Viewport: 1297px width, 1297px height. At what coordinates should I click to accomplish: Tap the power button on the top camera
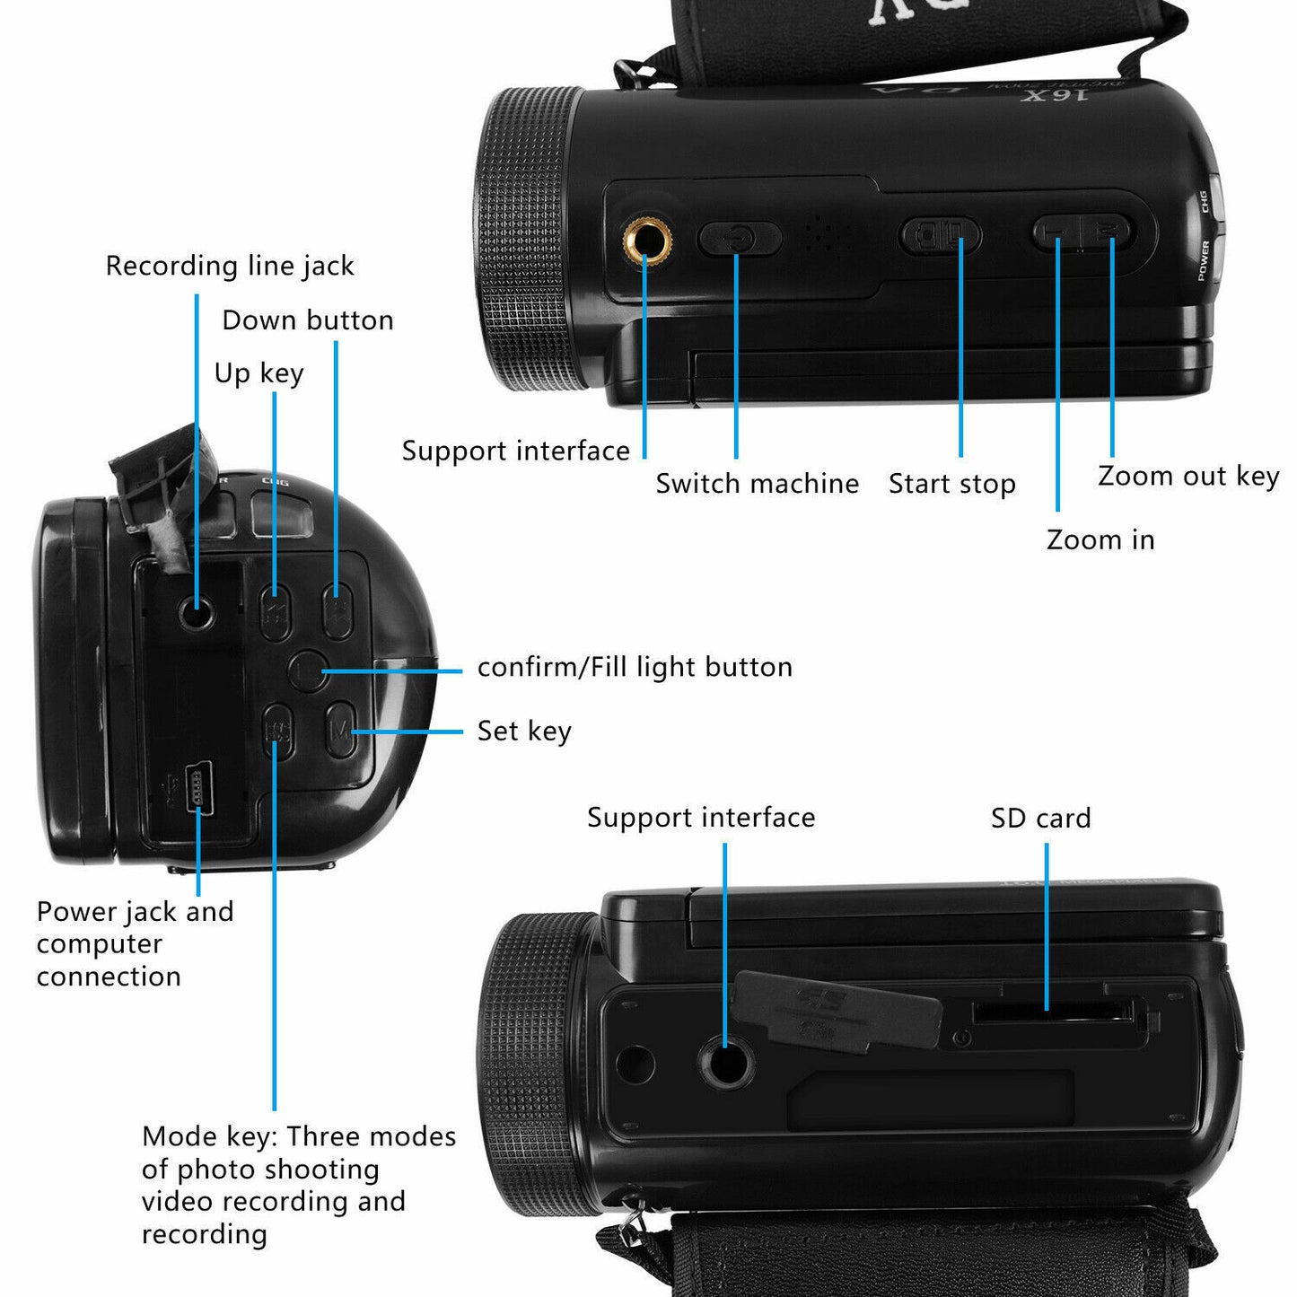click(x=739, y=239)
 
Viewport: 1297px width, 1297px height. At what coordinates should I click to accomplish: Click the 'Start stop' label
click(x=951, y=484)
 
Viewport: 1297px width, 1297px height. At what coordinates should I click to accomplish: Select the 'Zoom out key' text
click(x=1187, y=476)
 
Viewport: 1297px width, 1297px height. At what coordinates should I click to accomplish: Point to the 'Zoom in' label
click(x=1100, y=539)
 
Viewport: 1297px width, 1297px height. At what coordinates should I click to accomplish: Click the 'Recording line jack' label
click(x=230, y=266)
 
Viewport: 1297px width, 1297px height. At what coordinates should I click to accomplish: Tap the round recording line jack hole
click(x=197, y=615)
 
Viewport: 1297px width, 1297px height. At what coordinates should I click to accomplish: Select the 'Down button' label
click(x=307, y=320)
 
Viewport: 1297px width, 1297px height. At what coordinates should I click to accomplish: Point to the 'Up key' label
click(x=259, y=373)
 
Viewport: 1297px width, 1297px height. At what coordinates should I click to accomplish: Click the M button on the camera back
click(x=339, y=730)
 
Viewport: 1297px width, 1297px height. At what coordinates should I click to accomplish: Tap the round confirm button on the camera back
click(x=307, y=670)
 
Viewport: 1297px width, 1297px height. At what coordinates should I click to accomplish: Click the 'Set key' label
click(x=523, y=731)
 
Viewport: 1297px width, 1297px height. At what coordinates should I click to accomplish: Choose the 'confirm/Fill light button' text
click(x=635, y=667)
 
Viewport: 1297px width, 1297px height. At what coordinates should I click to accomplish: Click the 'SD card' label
click(x=1040, y=818)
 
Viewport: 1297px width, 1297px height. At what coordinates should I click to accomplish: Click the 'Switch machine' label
click(x=757, y=484)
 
